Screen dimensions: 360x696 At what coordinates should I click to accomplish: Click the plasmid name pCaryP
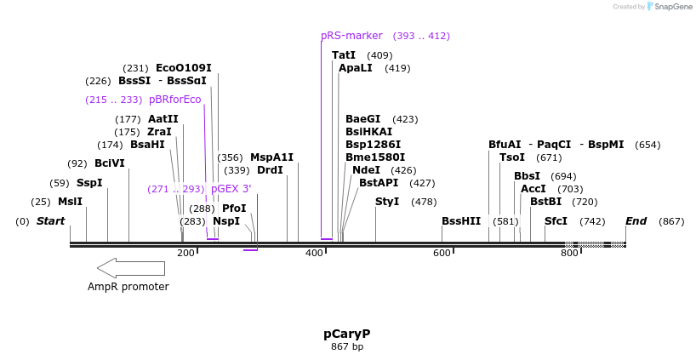point(346,334)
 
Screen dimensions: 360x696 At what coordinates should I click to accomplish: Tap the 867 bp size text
point(346,347)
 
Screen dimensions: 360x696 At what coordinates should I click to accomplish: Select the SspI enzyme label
point(89,183)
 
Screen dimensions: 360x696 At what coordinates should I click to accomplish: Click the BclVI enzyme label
point(109,163)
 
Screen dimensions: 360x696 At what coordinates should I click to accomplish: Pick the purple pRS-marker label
point(351,36)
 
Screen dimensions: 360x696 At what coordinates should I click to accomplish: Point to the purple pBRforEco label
point(174,100)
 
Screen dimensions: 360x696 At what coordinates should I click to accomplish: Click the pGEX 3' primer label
point(231,189)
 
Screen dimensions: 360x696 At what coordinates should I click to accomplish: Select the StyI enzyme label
point(387,202)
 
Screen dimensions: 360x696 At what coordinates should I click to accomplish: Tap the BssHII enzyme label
point(461,221)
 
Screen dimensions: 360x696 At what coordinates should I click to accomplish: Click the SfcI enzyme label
point(556,221)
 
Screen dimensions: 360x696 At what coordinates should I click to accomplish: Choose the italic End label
point(636,221)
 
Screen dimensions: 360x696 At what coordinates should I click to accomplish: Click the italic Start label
point(50,221)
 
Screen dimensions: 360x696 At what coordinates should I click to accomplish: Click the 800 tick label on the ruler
point(569,254)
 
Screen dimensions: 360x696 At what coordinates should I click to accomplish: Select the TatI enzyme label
point(344,55)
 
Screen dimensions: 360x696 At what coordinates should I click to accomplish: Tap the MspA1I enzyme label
point(271,157)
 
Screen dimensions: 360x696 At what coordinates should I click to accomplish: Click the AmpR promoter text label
point(128,287)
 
